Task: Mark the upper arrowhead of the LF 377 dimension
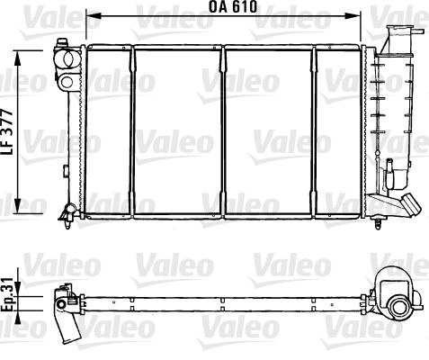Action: point(21,54)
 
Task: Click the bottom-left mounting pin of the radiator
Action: point(67,212)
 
